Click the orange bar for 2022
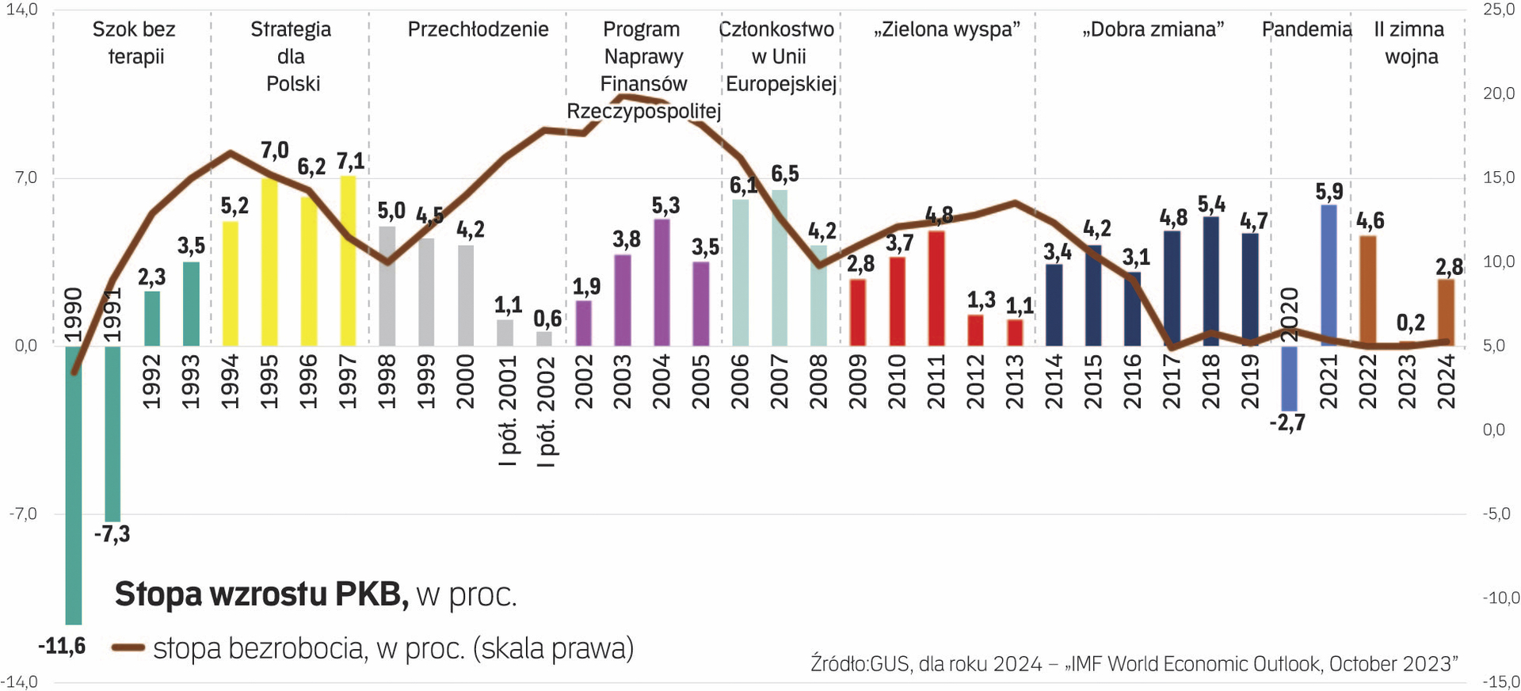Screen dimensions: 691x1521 [1367, 291]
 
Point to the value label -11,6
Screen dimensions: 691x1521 [62, 647]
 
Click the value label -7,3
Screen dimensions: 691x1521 [112, 534]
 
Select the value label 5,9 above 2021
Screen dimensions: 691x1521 [1329, 191]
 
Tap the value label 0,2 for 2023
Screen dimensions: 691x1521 [1410, 323]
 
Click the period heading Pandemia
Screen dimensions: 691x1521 [1306, 29]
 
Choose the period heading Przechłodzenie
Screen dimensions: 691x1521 [478, 29]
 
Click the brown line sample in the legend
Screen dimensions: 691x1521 [128, 648]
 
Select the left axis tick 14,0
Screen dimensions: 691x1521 [21, 10]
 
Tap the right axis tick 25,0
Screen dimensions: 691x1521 [1498, 10]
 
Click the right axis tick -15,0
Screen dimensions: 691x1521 [1498, 681]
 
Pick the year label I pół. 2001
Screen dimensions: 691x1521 [508, 410]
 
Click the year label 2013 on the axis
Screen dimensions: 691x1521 [1015, 382]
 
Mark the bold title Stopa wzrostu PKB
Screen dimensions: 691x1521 [261, 594]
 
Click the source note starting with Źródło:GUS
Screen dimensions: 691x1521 [1134, 663]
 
